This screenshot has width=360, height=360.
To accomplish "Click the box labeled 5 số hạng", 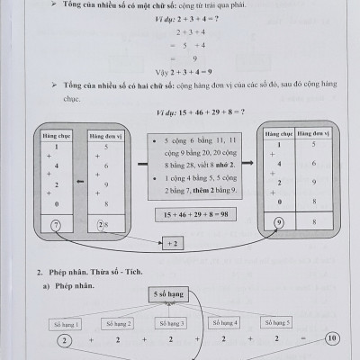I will coord(170,292).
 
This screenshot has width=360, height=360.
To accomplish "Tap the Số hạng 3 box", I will coord(170,322).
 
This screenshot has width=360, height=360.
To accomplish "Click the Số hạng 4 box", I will coord(223,321).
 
